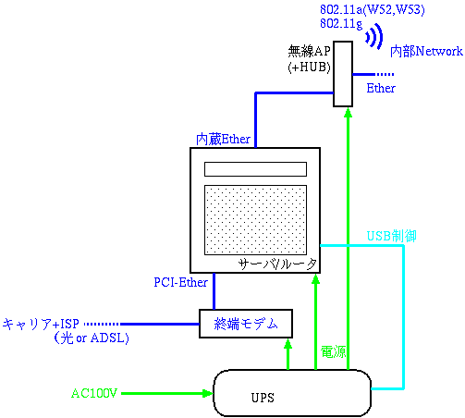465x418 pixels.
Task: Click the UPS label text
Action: (263, 398)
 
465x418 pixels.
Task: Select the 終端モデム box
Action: (246, 324)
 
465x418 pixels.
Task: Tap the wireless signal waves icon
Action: (374, 36)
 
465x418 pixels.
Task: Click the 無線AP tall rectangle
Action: (343, 74)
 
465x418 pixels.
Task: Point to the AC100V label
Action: (94, 393)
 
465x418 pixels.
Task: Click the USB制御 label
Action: (391, 236)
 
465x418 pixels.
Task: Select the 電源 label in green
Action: (334, 351)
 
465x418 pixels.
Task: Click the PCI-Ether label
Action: (180, 282)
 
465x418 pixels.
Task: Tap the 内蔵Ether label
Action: (223, 140)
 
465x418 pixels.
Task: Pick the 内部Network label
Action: (426, 51)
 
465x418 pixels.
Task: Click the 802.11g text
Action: (341, 24)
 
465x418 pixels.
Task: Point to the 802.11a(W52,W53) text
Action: (373, 10)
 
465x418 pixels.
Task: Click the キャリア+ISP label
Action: (41, 324)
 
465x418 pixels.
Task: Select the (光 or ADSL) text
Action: (92, 338)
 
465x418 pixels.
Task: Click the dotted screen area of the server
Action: (255, 220)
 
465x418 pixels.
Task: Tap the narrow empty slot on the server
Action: (255, 169)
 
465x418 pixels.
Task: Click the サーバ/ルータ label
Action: (277, 264)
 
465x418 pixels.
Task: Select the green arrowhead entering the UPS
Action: (208, 393)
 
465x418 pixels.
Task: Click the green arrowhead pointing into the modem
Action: (288, 344)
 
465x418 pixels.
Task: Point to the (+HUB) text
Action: (309, 67)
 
